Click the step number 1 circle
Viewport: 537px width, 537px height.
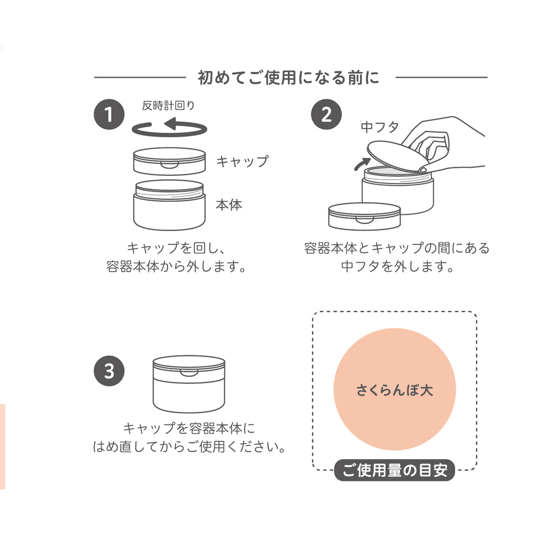109,114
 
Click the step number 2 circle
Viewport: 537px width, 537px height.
326,114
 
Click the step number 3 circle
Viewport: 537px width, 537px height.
109,371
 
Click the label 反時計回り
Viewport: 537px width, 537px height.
168,106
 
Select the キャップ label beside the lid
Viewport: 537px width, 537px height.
242,161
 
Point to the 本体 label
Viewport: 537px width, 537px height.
229,205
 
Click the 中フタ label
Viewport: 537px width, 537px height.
380,127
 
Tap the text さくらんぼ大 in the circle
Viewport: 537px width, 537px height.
394,390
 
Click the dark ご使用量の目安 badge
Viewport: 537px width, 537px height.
394,470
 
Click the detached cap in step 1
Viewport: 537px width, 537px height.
169,161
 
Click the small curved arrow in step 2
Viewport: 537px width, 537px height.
361,164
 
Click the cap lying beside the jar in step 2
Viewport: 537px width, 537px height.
364,216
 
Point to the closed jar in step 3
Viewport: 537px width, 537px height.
189,384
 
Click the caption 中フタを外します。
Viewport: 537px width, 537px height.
397,267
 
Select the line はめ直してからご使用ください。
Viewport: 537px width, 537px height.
190,447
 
